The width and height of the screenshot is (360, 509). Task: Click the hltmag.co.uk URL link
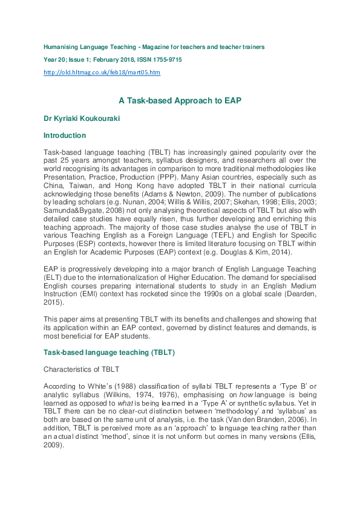(x=102, y=73)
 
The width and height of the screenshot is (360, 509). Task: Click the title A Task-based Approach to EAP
(x=180, y=102)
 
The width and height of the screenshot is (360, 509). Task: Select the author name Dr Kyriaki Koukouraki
(x=85, y=119)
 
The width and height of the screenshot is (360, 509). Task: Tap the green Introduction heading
(x=65, y=135)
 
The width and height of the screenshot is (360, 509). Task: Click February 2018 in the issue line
(x=112, y=60)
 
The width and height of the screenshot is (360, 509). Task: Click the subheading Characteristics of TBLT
(x=81, y=368)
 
